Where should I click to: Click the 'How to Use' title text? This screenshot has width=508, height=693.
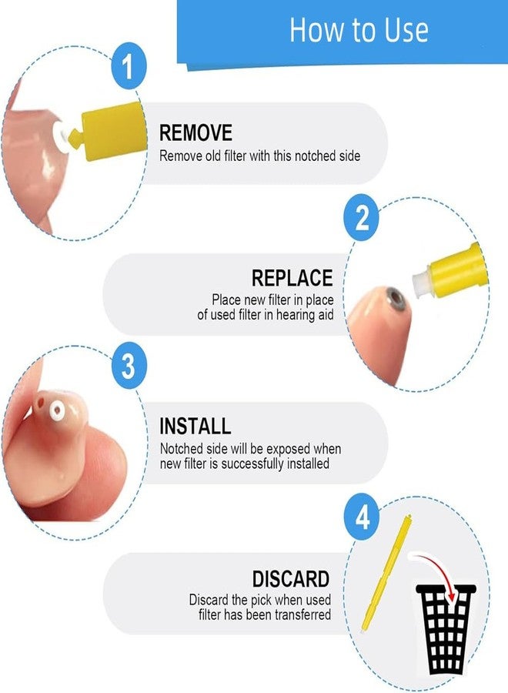[359, 29]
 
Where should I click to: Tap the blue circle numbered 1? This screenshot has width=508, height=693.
[129, 65]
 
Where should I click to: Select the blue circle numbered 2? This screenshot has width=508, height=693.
[362, 217]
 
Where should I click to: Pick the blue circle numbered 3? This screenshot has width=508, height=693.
[129, 366]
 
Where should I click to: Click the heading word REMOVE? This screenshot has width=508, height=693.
[196, 132]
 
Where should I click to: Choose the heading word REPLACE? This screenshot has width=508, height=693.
[292, 278]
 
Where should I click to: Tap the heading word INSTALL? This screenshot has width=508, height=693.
[195, 426]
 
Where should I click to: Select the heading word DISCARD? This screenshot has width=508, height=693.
[291, 578]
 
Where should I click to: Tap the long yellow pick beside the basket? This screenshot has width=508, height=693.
[386, 574]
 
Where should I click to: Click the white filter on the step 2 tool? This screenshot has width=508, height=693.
[422, 282]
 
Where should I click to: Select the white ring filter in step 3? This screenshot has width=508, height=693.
[58, 410]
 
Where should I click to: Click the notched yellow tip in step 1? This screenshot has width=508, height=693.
[76, 137]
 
